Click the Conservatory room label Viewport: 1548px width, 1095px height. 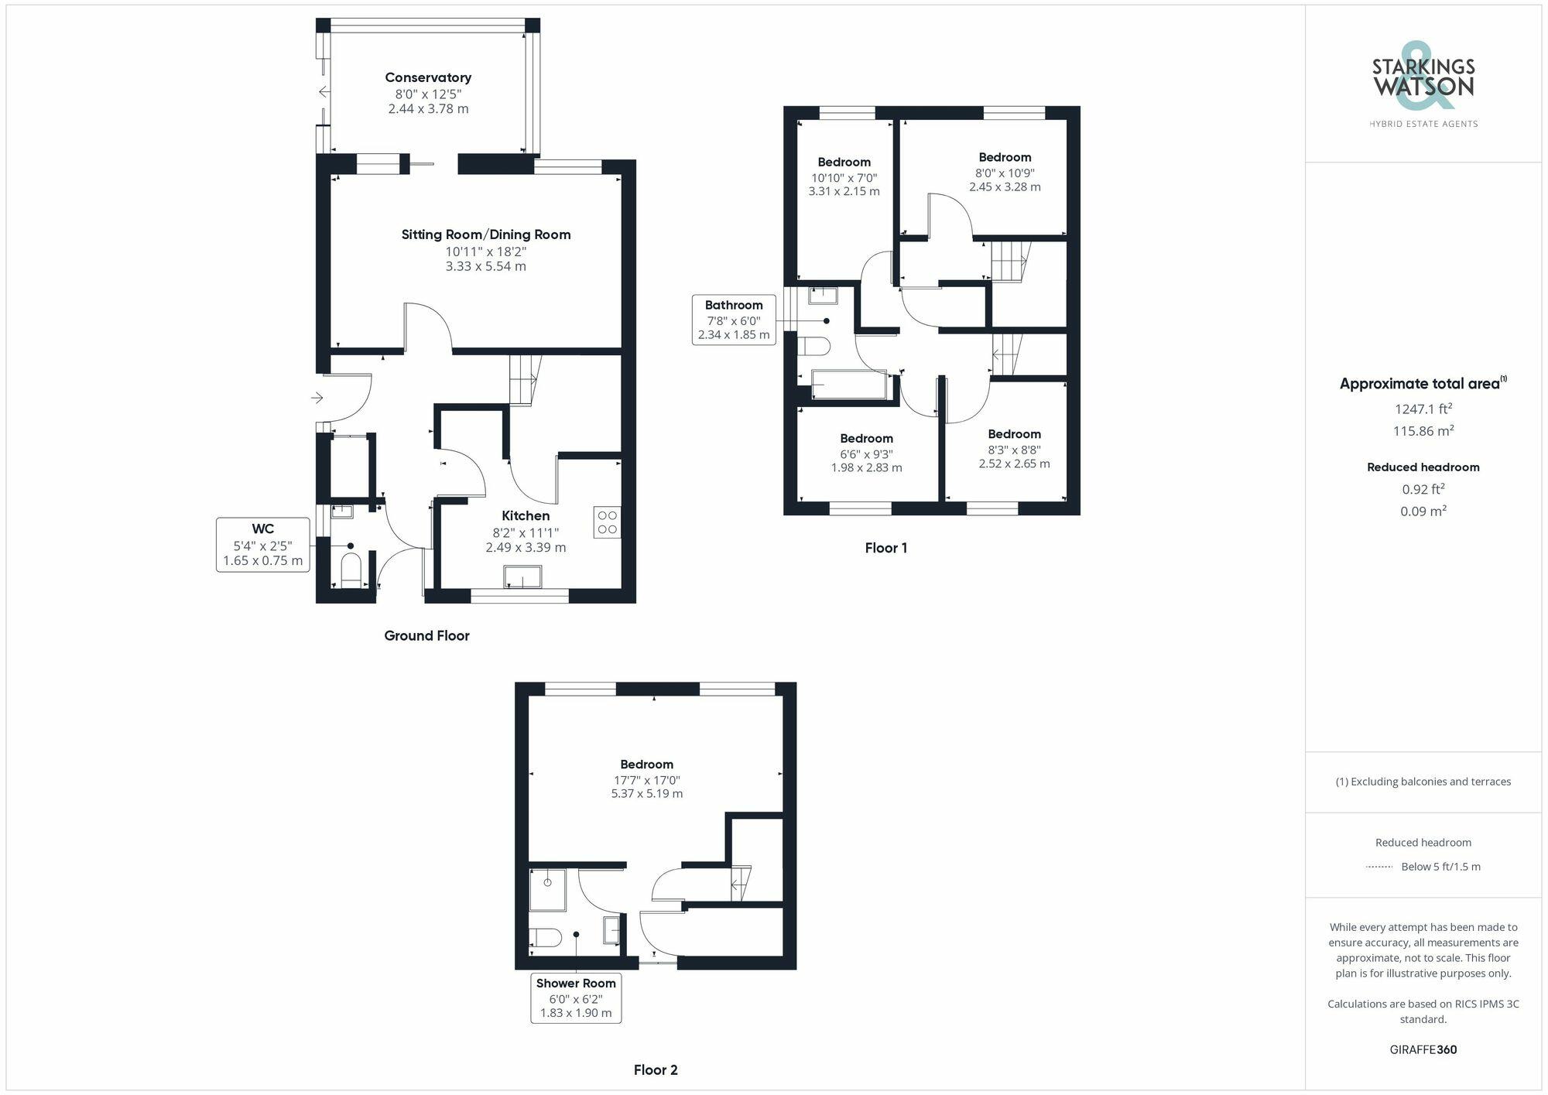click(428, 77)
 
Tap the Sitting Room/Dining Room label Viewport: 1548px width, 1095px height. click(485, 234)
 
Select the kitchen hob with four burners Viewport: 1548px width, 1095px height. click(608, 522)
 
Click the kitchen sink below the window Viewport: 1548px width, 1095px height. click(522, 577)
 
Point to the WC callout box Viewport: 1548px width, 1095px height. click(262, 545)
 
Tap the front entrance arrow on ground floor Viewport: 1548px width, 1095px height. click(317, 398)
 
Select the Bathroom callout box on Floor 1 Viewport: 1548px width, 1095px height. click(733, 320)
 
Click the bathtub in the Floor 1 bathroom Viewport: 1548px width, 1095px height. click(849, 385)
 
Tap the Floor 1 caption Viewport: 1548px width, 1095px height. click(885, 548)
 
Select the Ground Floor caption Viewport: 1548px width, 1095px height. click(426, 635)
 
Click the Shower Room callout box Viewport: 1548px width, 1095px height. click(576, 998)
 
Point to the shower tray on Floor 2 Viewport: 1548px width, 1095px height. click(548, 890)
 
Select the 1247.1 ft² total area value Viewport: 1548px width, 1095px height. click(1423, 409)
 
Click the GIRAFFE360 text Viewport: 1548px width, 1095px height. click(1423, 1050)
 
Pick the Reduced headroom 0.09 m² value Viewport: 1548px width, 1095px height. click(1423, 511)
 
